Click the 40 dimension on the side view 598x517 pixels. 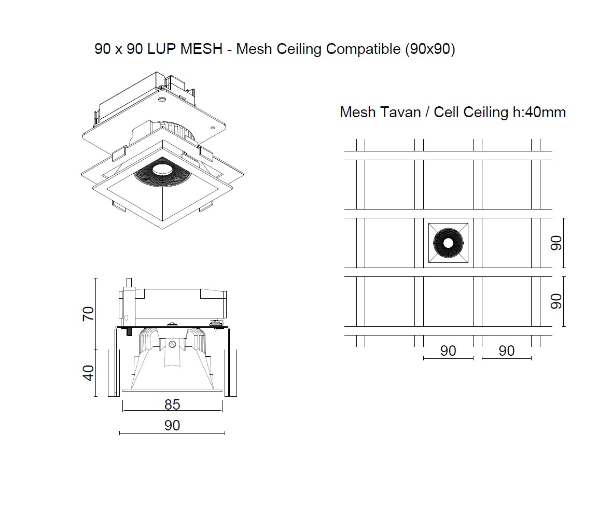(89, 373)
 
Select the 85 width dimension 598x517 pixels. (172, 404)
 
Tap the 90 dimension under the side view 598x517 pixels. (172, 426)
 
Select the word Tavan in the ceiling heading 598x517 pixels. (400, 112)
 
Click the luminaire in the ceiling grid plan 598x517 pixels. (448, 243)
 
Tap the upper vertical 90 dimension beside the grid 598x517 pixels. (556, 243)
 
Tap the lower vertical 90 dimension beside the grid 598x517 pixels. (556, 301)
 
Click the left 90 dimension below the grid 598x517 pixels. (448, 351)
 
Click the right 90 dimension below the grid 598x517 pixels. (507, 351)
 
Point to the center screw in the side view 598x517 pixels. (173, 343)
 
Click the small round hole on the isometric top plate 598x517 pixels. (162, 99)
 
